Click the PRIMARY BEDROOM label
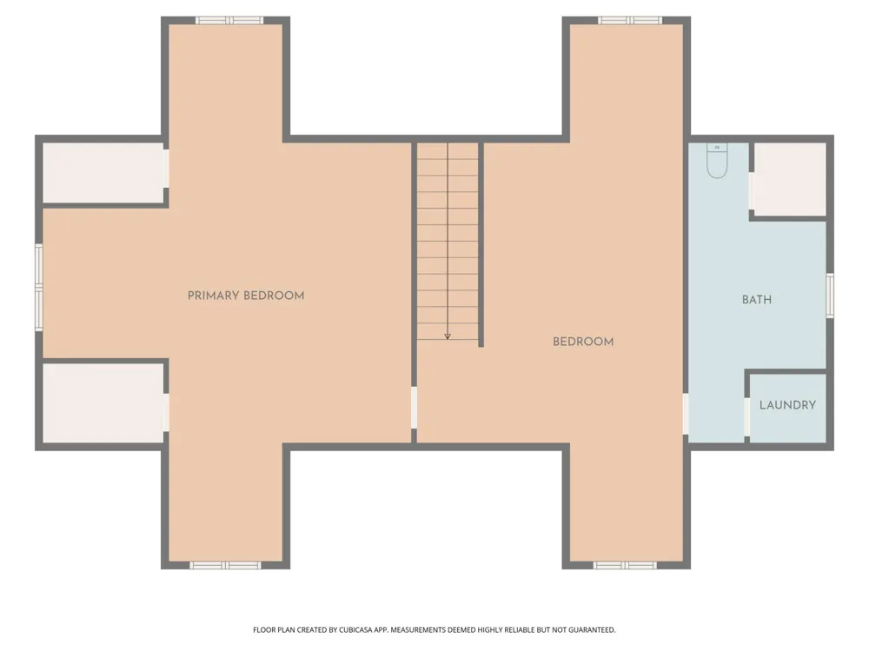[246, 296]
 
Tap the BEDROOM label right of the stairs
[583, 342]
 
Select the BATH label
[757, 300]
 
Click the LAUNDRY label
[787, 405]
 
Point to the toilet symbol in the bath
[717, 161]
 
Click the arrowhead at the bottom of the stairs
[448, 336]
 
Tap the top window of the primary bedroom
[229, 21]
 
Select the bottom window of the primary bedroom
[225, 565]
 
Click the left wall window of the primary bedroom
[39, 287]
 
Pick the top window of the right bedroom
[629, 21]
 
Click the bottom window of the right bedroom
[625, 565]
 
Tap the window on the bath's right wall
[830, 295]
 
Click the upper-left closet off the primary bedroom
[103, 173]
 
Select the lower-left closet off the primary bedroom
[103, 403]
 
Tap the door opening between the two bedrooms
[414, 408]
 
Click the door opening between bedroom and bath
[686, 414]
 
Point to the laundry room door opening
[747, 416]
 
